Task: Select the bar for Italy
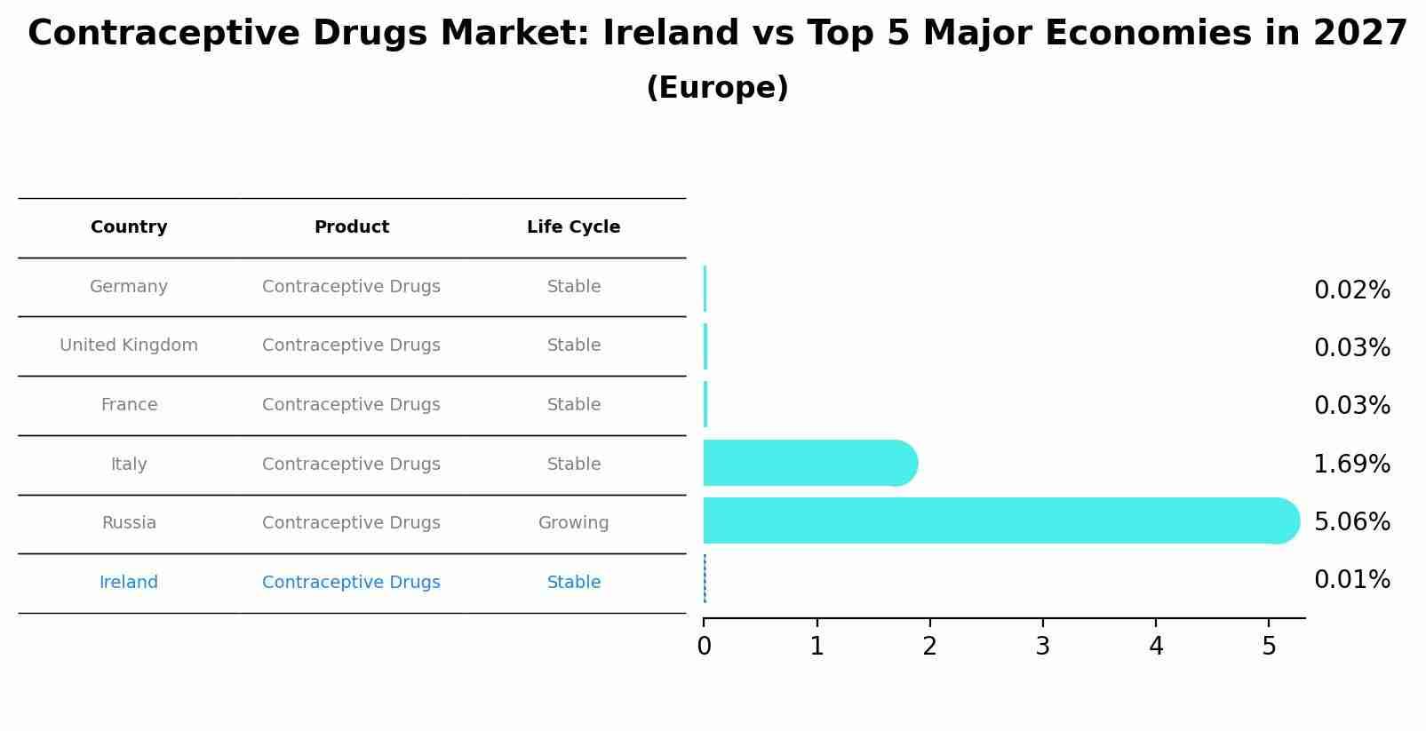(804, 463)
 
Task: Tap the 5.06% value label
(1351, 521)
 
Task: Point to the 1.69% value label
(1351, 464)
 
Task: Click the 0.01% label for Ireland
(1351, 580)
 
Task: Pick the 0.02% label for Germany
(1351, 290)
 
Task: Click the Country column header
(129, 227)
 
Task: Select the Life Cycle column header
(573, 227)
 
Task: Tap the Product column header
(352, 227)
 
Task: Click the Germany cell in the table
(129, 287)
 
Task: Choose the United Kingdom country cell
(129, 346)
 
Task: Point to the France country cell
(129, 405)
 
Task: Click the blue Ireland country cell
(129, 583)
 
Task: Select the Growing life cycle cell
(573, 523)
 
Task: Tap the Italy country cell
(129, 465)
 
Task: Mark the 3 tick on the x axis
(1043, 646)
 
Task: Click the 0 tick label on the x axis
(704, 646)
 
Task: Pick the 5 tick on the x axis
(1269, 646)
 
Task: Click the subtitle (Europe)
(717, 88)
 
